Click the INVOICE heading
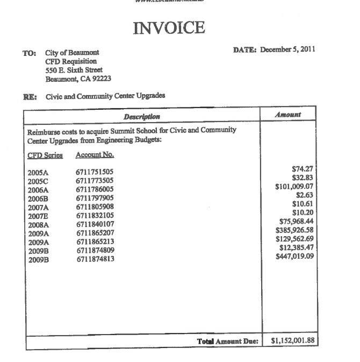point(169,27)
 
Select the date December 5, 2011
point(287,50)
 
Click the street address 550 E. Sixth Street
point(74,70)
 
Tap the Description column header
point(142,117)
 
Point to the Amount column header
point(288,115)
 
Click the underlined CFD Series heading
point(45,155)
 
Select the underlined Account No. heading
point(95,155)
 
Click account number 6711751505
point(95,173)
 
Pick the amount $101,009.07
point(294,187)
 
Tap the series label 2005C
point(38,181)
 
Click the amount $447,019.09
point(294,256)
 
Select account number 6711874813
point(95,259)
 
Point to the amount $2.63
point(304,196)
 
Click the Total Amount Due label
point(228,342)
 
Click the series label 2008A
point(38,225)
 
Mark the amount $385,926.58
point(294,230)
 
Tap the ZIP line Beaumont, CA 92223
point(78,79)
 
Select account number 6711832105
point(95,216)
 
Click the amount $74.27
point(303,169)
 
